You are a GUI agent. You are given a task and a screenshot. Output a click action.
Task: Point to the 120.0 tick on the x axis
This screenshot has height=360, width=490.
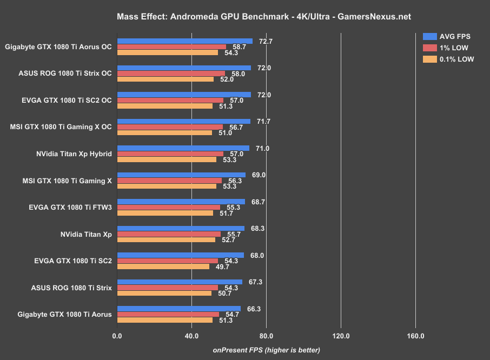coord(341,336)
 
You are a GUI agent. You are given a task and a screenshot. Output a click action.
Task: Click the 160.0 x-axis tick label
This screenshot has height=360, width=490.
coord(415,336)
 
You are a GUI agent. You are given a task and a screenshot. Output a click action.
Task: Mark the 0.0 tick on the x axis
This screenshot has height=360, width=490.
coord(117,336)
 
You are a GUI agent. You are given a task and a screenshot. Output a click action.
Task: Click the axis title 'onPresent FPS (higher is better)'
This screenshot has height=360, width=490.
coord(266,350)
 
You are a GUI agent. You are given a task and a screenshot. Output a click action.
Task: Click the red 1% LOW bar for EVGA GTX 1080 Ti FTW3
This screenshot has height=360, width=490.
coord(168,208)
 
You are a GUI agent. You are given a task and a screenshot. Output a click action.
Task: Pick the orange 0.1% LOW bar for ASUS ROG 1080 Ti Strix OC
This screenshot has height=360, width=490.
coord(165,79)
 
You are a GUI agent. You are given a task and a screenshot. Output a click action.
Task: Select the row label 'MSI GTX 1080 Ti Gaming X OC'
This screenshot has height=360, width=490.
coord(61,127)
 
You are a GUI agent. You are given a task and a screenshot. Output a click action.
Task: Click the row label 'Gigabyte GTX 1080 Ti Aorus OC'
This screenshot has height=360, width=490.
coord(58,46)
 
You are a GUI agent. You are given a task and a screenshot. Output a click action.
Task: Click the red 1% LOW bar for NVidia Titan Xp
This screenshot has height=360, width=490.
coord(169,234)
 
